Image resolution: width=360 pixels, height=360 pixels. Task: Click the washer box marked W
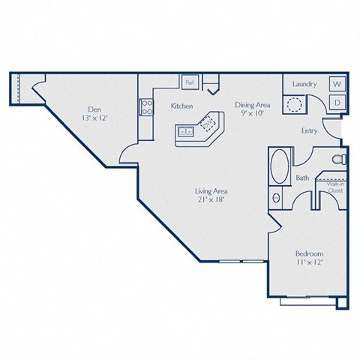point(337,85)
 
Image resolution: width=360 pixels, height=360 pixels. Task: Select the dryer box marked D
point(337,101)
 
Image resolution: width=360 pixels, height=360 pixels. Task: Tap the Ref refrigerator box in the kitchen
point(190,81)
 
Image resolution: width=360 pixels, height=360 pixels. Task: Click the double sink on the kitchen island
point(186,132)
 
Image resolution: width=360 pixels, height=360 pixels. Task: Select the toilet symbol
point(337,160)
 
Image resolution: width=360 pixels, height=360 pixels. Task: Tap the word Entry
point(308,130)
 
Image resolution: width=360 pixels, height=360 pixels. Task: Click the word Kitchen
point(181,106)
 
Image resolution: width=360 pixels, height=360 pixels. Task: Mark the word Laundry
point(304,85)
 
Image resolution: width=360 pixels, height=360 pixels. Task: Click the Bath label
point(302,178)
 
